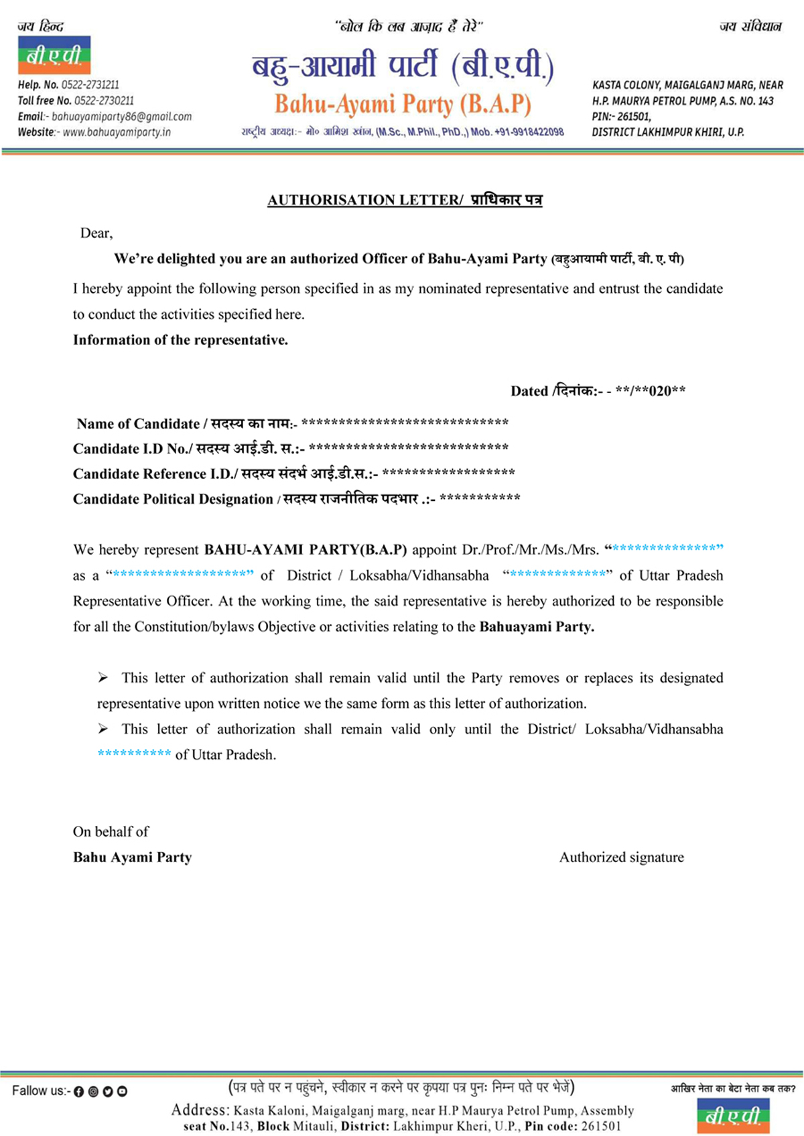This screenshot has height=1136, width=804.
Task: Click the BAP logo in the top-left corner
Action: (x=54, y=55)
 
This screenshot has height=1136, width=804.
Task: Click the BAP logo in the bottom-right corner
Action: (x=733, y=1115)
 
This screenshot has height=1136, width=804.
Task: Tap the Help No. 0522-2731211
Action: (x=68, y=85)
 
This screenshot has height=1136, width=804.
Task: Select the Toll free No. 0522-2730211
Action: (x=76, y=100)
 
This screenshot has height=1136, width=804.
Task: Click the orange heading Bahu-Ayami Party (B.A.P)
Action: (x=403, y=104)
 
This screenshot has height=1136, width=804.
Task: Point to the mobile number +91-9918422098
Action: (x=529, y=132)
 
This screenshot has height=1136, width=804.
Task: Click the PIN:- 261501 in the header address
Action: (x=621, y=117)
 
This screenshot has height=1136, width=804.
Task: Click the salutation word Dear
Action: (x=96, y=233)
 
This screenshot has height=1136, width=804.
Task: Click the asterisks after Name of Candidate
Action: (x=405, y=423)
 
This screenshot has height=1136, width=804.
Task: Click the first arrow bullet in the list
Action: (x=103, y=678)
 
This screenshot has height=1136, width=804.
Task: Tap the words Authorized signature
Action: (x=621, y=857)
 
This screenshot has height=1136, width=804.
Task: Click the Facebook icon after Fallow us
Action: (x=78, y=1091)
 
